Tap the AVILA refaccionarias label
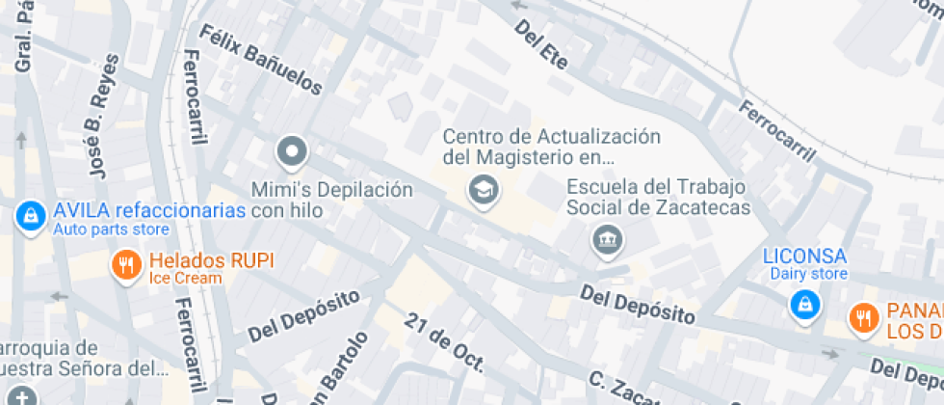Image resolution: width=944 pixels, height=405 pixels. pos(149,211)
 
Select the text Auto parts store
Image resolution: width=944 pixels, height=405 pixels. pos(111,229)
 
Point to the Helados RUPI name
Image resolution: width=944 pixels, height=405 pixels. pos(211,260)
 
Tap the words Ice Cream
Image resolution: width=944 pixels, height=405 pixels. pos(185,278)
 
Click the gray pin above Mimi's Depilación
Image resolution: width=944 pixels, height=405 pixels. pos(291,152)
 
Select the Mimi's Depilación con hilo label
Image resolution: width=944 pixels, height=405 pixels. pos(331,200)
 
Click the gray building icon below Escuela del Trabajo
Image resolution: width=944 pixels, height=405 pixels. pos(607,239)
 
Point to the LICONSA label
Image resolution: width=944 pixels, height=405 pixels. pos(804,256)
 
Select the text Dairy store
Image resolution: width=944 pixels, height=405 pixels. pos(808,274)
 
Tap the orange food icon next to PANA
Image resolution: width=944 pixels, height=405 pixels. pos(862,317)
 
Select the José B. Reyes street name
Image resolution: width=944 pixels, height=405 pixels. pos(103,116)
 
